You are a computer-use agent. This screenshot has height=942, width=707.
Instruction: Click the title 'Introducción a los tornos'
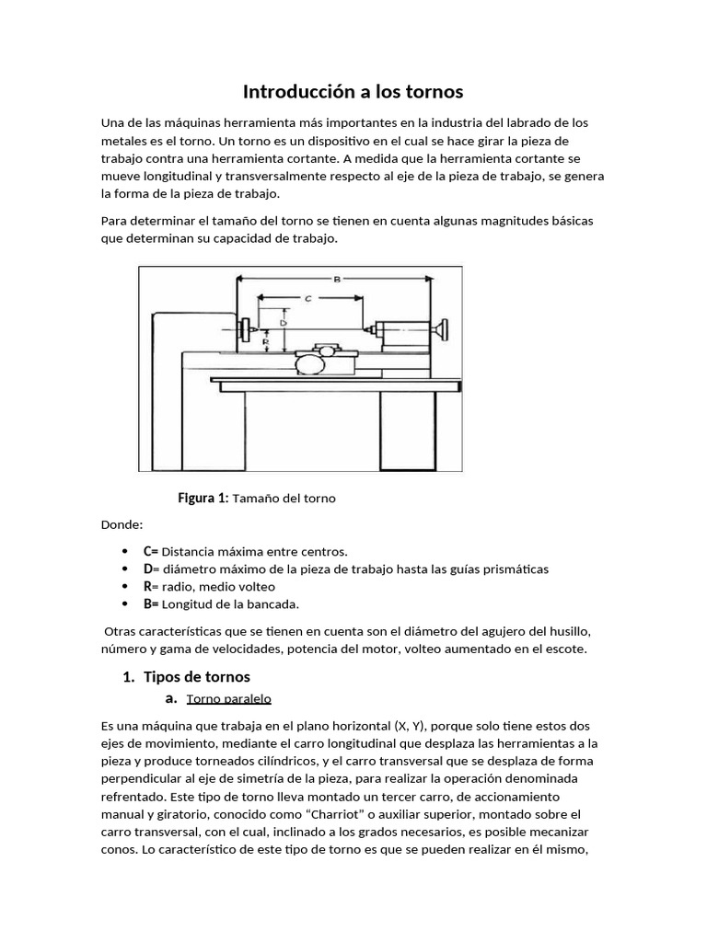[x=353, y=92]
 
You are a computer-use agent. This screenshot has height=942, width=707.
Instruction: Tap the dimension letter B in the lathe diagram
[x=336, y=281]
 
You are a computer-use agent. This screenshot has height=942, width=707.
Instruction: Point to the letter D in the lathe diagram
[x=284, y=323]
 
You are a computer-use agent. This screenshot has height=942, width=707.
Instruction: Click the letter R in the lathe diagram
[x=265, y=341]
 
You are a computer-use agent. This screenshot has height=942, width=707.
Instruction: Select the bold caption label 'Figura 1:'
[x=203, y=498]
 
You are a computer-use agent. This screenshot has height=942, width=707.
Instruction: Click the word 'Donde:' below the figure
[x=122, y=524]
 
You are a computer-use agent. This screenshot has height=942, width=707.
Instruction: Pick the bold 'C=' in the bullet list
[x=151, y=551]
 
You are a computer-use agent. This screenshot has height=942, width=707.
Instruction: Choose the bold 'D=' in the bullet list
[x=151, y=569]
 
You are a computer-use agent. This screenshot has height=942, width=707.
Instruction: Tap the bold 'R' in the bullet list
[x=147, y=586]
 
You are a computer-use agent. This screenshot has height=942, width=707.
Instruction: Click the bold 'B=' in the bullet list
[x=151, y=603]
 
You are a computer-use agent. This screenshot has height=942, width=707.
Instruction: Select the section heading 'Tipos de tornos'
[x=197, y=677]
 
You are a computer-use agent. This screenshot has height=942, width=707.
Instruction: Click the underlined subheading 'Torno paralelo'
[x=228, y=698]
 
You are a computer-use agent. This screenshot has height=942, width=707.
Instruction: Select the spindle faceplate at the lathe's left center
[x=247, y=327]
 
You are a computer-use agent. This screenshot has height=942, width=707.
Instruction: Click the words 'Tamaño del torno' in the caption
[x=284, y=498]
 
